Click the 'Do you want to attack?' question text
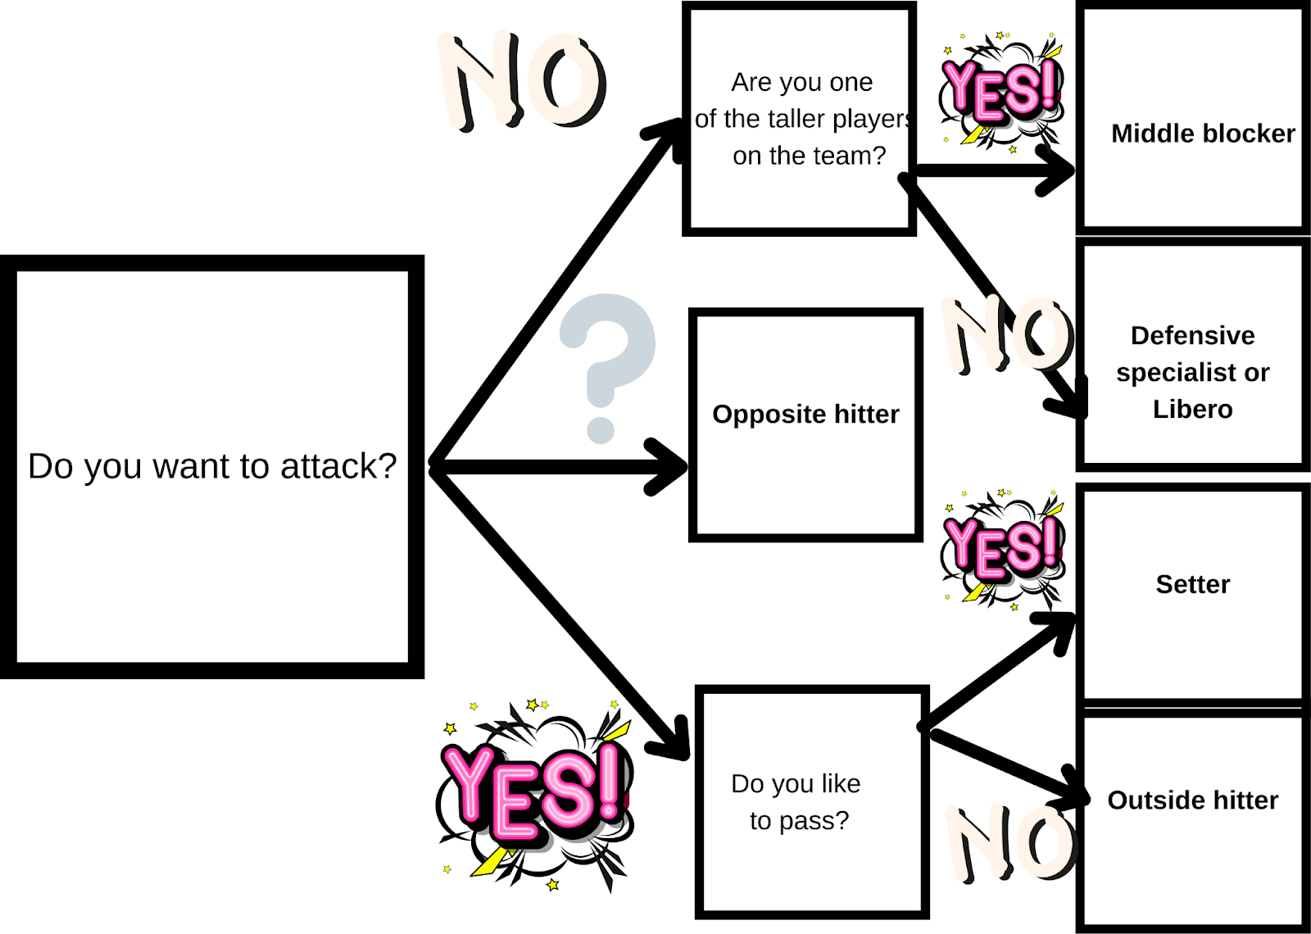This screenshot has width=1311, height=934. click(x=212, y=466)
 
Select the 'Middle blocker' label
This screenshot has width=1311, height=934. click(x=1202, y=134)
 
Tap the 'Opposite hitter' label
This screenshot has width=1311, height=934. click(x=805, y=415)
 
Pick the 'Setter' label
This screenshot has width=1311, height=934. click(x=1192, y=584)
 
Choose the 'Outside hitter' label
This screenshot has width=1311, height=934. click(x=1192, y=800)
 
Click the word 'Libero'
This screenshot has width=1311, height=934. click(x=1192, y=409)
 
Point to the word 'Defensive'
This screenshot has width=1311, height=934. click(x=1192, y=335)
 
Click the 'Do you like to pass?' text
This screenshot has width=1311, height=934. click(x=796, y=802)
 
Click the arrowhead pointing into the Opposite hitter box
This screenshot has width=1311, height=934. click(x=672, y=466)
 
